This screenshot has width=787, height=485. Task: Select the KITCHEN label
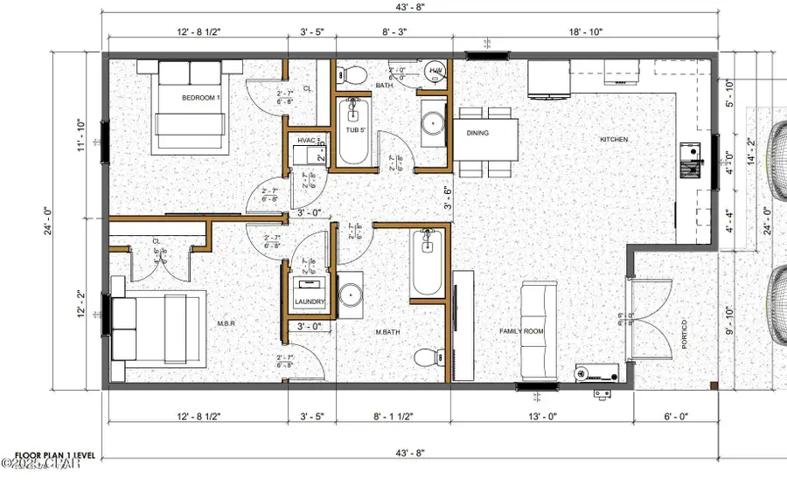click(614, 140)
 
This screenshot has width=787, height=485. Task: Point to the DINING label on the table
click(477, 133)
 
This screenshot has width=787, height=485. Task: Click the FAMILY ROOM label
click(523, 332)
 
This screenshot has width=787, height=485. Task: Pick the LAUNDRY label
click(310, 301)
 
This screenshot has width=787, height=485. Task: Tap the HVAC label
click(306, 140)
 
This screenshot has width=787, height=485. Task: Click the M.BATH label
click(387, 332)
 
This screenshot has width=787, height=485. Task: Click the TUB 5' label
click(353, 130)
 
